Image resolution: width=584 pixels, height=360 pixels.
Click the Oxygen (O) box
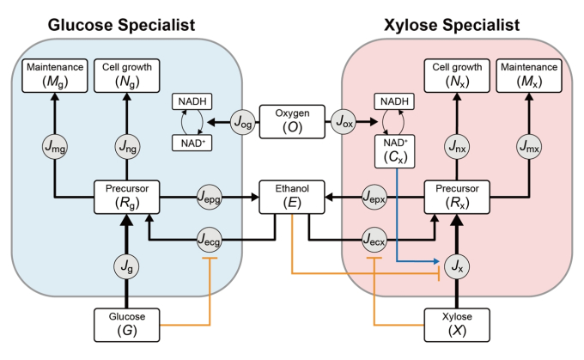[292, 121]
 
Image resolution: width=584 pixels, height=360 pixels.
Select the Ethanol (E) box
[292, 197]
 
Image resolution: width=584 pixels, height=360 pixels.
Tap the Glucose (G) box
[126, 325]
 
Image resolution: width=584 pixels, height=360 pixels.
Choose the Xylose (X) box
[457, 325]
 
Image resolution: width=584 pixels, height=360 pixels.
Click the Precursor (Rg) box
[126, 197]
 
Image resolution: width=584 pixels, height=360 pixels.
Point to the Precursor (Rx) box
[457, 197]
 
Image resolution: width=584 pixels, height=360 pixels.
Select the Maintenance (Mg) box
[55, 76]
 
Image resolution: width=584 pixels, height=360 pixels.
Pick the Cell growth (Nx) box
[457, 76]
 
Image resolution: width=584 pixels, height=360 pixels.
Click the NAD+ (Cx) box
[395, 151]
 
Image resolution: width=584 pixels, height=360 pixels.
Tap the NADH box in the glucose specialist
[192, 101]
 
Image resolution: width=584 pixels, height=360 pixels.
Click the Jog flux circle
[243, 121]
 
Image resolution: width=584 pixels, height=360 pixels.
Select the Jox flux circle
[344, 121]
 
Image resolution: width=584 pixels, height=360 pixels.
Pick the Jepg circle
[210, 197]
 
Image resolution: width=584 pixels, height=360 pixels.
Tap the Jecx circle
[374, 240]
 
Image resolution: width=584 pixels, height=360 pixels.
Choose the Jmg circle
[55, 146]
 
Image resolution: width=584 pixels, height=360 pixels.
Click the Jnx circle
[457, 146]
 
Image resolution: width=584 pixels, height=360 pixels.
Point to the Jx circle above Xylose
[457, 266]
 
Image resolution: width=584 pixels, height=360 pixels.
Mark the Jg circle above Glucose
[126, 266]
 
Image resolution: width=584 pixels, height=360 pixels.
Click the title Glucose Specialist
[121, 25]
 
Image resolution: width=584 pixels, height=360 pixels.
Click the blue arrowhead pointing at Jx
[436, 261]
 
